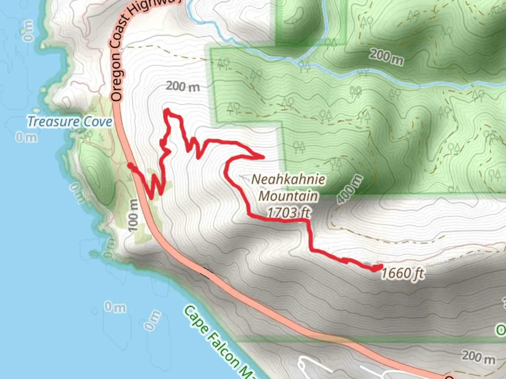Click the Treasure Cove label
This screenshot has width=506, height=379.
click(x=70, y=122)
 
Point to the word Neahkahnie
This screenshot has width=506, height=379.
click(x=288, y=179)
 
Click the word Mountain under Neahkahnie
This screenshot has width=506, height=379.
click(x=288, y=196)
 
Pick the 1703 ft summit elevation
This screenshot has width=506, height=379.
click(x=288, y=212)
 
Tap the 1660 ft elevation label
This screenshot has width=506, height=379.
click(x=403, y=273)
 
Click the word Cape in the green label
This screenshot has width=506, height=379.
click(x=195, y=319)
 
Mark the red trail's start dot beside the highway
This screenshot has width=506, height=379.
click(x=130, y=166)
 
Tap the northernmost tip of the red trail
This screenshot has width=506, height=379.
click(x=167, y=110)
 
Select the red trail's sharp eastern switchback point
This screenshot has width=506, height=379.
click(x=263, y=157)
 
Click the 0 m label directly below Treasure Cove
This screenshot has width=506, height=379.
click(x=26, y=137)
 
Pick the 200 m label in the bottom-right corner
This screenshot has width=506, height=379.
click(x=478, y=357)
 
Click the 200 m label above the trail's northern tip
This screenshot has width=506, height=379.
click(x=183, y=86)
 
